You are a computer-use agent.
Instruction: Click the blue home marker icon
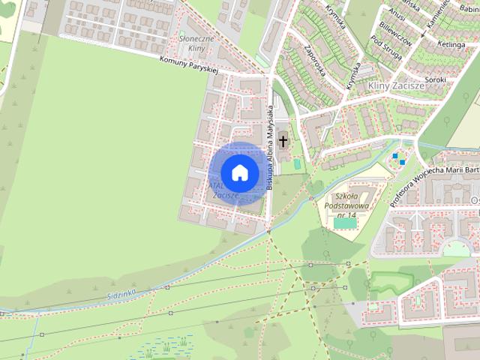pos(239,172)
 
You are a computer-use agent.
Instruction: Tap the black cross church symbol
pos(283,139)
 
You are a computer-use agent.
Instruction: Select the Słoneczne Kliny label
pos(196,43)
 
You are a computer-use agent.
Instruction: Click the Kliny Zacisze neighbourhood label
pos(397,86)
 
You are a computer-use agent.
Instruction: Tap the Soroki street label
pos(435,79)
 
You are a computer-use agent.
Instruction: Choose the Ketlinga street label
pos(454,44)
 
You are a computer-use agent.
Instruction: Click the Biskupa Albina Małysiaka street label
pos(270,147)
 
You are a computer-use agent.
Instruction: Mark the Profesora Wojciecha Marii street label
pos(428,173)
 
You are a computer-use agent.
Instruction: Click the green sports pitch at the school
pos(345,223)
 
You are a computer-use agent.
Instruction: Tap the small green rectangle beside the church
pos(297,163)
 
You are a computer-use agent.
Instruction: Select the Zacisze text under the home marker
pos(225,195)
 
